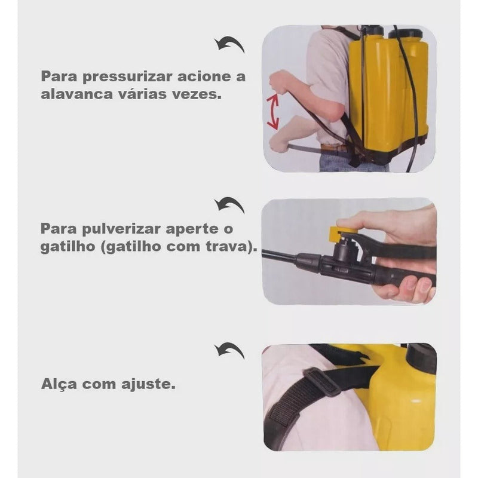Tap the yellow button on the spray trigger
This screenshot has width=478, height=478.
coord(343,232)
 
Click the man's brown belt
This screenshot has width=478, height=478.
coord(335,148)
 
